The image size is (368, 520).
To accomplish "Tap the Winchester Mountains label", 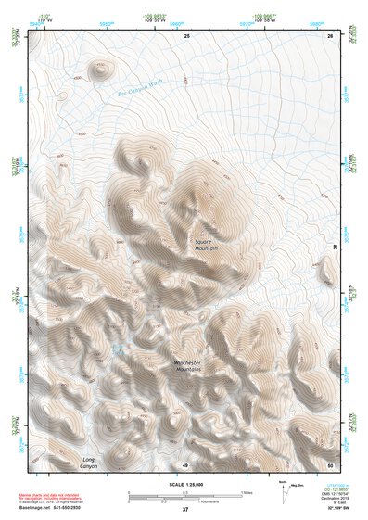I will tap(187, 366).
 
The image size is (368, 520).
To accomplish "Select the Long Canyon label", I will tap(89, 463).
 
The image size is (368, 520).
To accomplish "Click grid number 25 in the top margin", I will tap(186, 35).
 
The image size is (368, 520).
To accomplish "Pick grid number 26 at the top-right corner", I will tap(330, 35).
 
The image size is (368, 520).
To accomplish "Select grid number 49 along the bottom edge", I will tap(185, 464).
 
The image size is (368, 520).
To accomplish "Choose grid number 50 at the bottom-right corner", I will tap(330, 464).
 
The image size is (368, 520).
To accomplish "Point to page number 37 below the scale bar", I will tap(185, 510).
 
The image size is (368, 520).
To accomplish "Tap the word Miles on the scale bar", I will tap(247, 493).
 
